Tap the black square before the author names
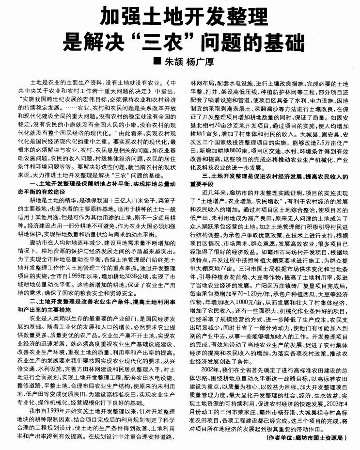[x=156, y=62]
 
